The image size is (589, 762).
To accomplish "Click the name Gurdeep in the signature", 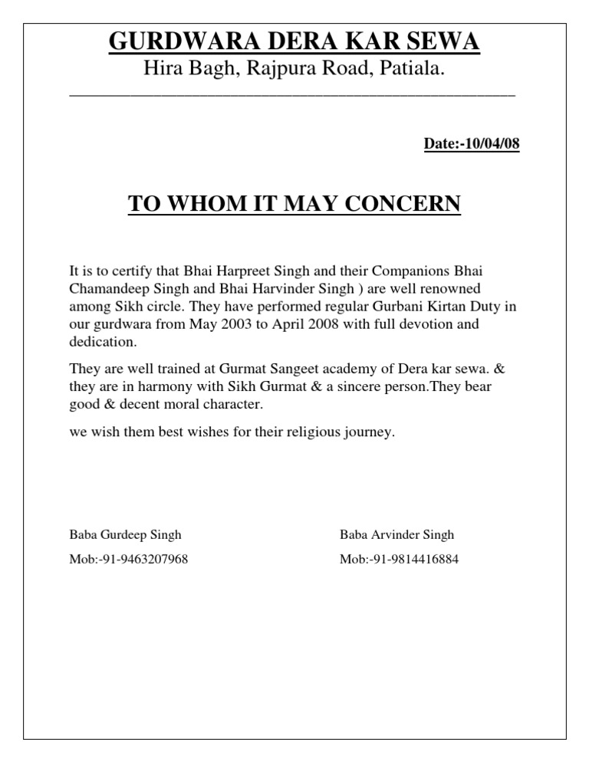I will point(124,534).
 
